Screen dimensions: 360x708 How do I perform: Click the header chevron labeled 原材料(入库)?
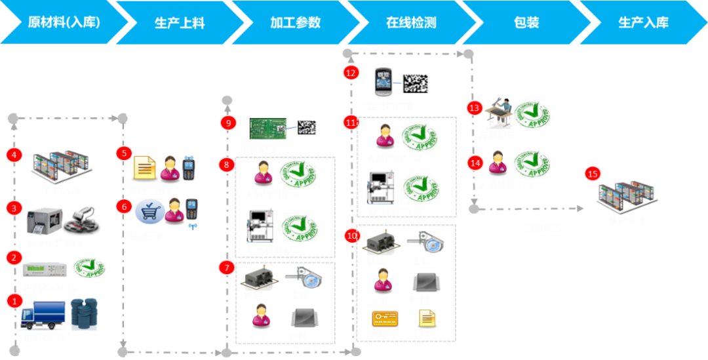point(64,22)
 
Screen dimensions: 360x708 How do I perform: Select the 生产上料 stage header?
point(180,23)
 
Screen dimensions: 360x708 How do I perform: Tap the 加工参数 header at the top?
point(296,22)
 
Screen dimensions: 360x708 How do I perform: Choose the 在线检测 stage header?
point(411,23)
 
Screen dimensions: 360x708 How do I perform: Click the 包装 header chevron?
point(526,22)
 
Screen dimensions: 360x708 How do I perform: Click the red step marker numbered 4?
point(14,155)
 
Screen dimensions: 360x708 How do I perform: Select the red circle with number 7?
point(227,267)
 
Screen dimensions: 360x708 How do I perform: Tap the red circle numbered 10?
point(353,234)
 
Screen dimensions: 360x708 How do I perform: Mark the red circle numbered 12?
point(351,72)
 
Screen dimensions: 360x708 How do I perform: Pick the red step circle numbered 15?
point(592,174)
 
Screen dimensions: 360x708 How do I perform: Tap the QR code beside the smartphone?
point(416,83)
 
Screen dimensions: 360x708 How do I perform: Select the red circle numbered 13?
point(475,106)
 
